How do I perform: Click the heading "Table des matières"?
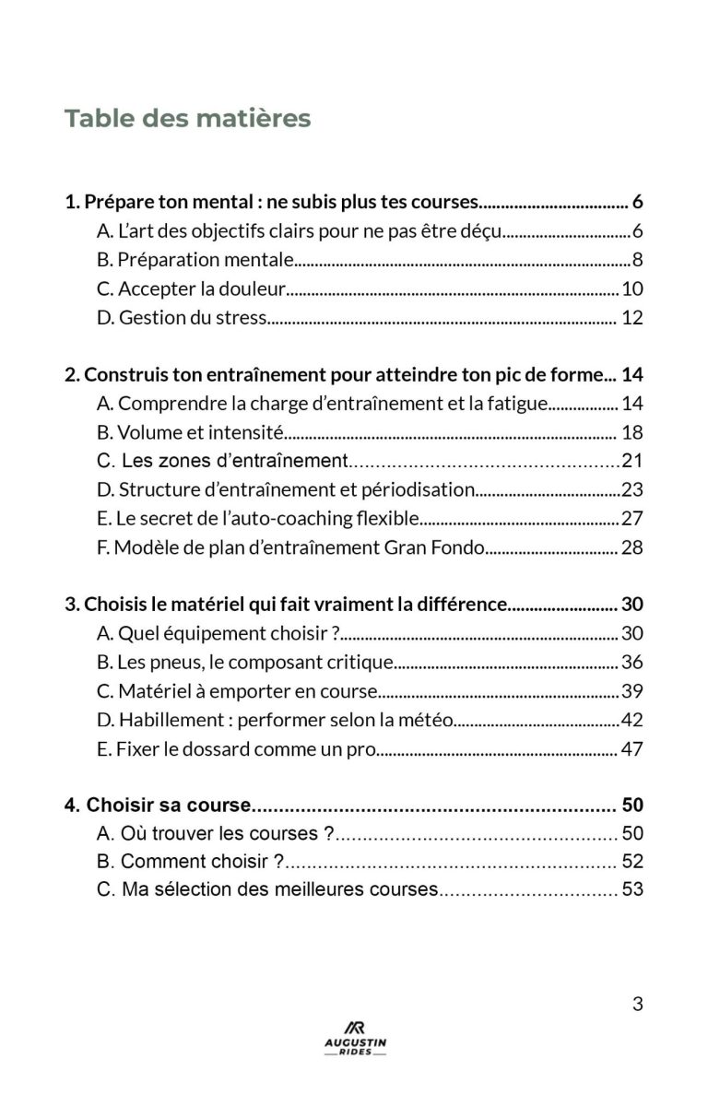pos(187,119)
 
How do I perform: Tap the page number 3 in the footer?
pos(637,1005)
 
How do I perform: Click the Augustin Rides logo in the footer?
pos(355,1039)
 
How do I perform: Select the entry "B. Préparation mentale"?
pos(195,260)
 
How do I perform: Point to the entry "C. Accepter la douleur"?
pos(192,289)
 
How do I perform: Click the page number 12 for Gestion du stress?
pos(632,319)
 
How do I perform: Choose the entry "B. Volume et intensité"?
pos(190,432)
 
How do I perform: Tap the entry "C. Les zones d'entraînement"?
pos(222,461)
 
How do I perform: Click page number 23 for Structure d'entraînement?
pos(632,490)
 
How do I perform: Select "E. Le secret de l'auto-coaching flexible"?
pos(258,519)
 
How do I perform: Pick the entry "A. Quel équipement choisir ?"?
pos(218,633)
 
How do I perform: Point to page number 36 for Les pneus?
pos(632,663)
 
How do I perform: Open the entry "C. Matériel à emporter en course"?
pos(237,691)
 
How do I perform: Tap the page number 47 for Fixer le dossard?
pos(632,749)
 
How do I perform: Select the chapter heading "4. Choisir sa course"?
pos(158,805)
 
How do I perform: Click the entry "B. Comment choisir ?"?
pos(190,862)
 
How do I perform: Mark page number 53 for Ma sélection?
pos(632,890)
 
